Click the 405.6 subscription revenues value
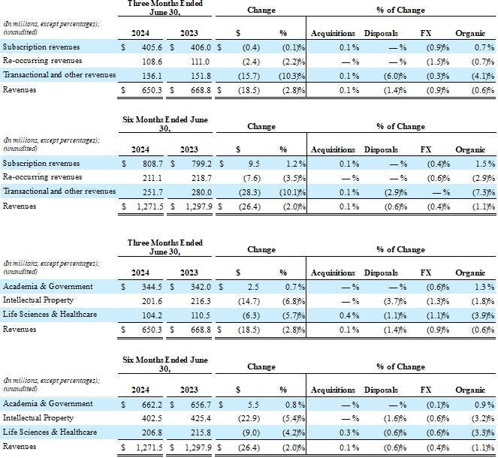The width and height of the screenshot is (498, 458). click(149, 47)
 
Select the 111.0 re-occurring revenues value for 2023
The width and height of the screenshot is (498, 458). click(195, 61)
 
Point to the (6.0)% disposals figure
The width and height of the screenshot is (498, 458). click(383, 75)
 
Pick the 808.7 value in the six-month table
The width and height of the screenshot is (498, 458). click(149, 163)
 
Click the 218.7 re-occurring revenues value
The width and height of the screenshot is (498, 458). click(195, 177)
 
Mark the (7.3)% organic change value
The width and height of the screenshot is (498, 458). click(473, 191)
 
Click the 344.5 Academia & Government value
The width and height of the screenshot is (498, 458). click(149, 286)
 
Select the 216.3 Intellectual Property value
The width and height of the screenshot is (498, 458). click(195, 300)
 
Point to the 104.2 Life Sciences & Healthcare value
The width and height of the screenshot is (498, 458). click(149, 314)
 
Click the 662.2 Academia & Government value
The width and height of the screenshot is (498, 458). click(149, 404)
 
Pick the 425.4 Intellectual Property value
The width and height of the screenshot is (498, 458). click(195, 417)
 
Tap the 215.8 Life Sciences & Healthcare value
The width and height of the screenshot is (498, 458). click(195, 432)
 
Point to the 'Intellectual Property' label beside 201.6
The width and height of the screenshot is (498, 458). click(38, 300)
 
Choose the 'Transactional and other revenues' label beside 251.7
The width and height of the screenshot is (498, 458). click(59, 191)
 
